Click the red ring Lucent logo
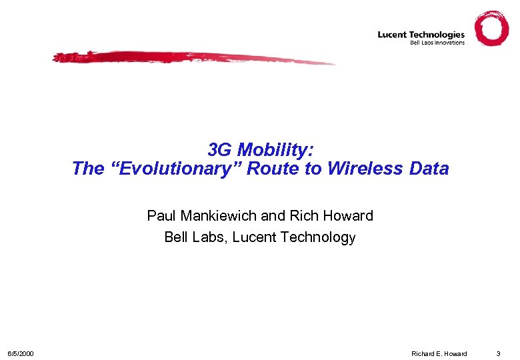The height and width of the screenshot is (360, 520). coord(492,29)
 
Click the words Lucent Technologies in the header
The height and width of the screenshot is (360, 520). coord(421,35)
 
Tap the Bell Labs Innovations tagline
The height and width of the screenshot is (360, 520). coord(437,43)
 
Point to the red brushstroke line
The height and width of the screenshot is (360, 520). coord(193,59)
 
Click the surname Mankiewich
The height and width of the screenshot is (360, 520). coord(218,216)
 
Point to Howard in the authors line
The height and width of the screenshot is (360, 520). coord(347,216)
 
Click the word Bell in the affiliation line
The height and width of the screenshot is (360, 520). coord(177,237)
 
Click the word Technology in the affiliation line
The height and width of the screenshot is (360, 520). coord(317,237)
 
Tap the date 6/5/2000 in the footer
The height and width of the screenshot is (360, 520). coord(21,353)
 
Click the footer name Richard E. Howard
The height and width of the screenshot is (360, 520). coord(439,353)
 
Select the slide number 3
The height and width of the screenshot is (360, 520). coord(497,353)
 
